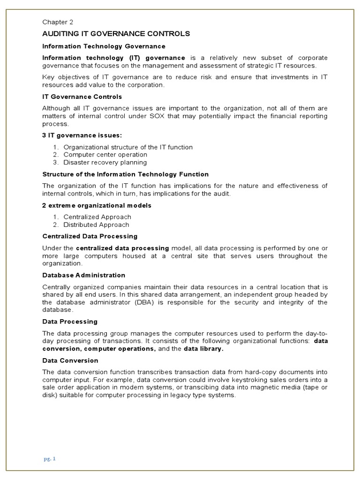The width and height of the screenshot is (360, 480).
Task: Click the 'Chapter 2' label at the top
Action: pyautogui.click(x=58, y=22)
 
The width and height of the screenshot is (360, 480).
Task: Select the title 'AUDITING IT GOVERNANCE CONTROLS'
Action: pyautogui.click(x=116, y=34)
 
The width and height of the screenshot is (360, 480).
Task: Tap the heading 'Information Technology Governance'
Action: pyautogui.click(x=104, y=46)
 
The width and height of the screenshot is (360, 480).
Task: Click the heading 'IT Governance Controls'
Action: pyautogui.click(x=82, y=97)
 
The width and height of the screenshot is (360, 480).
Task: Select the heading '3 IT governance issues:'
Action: pyautogui.click(x=82, y=135)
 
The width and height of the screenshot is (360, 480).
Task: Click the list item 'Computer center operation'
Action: pyautogui.click(x=105, y=155)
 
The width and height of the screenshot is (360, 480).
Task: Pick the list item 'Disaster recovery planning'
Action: pyautogui.click(x=105, y=163)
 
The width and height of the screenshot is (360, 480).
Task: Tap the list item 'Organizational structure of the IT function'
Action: pyautogui.click(x=128, y=147)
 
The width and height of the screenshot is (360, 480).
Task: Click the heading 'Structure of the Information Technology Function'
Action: pyautogui.click(x=125, y=174)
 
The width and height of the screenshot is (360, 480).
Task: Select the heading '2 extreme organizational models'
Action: pyautogui.click(x=97, y=205)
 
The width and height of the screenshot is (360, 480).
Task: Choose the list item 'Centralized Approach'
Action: pyautogui.click(x=97, y=217)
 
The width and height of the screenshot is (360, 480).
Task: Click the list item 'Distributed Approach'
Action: pyautogui.click(x=97, y=225)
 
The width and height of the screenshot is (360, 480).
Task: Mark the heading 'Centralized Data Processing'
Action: pyautogui.click(x=90, y=236)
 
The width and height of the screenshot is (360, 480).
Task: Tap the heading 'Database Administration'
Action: pyautogui.click(x=84, y=275)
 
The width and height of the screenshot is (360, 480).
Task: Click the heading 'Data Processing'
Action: pyautogui.click(x=70, y=322)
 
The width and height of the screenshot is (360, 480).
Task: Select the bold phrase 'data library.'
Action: pyautogui.click(x=203, y=349)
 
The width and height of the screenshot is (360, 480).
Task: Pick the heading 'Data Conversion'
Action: pyautogui.click(x=70, y=360)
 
